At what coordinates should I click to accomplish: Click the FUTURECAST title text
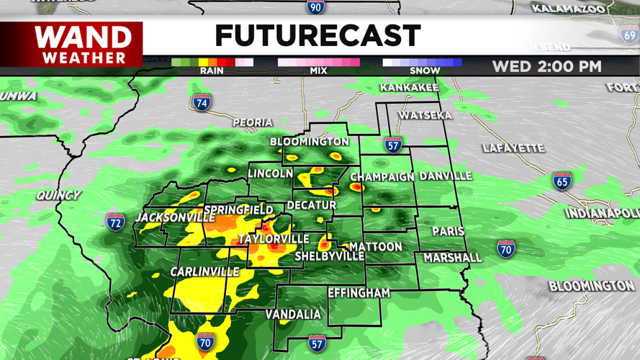[317, 35]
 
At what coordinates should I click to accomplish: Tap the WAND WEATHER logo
[84, 44]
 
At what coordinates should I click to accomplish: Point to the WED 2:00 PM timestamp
[546, 67]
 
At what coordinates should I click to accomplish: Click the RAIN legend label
[212, 71]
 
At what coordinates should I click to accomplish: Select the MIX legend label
[318, 71]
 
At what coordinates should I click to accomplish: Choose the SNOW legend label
[425, 71]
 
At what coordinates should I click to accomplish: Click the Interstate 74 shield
[202, 102]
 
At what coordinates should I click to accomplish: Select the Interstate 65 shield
[562, 180]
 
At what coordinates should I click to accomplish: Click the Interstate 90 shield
[315, 7]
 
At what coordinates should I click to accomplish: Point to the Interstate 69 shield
[629, 34]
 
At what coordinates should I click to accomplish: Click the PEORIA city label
[252, 123]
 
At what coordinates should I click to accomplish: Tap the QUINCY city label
[58, 195]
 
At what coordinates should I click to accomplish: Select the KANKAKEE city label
[409, 88]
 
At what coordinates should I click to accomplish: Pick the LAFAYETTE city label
[513, 148]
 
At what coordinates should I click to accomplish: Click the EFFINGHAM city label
[359, 293]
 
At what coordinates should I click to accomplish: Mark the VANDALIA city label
[293, 315]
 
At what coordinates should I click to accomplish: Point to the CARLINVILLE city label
[204, 271]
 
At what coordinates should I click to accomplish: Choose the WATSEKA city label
[425, 115]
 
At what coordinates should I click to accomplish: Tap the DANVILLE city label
[446, 176]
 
